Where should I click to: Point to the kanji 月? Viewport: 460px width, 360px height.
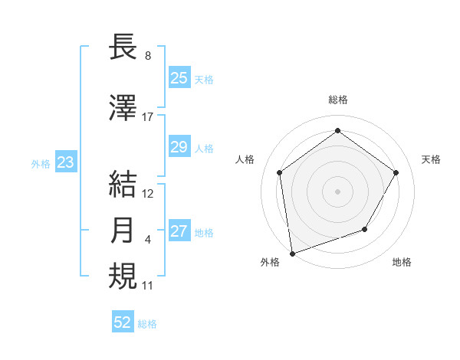click(x=123, y=231)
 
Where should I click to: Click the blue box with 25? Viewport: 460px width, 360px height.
click(x=179, y=78)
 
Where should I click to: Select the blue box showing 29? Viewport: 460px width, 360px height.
click(x=179, y=148)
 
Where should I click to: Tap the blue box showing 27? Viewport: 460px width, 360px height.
click(x=179, y=232)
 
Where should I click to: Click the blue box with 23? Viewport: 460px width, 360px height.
click(x=65, y=162)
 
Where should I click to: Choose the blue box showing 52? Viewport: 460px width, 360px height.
click(x=123, y=322)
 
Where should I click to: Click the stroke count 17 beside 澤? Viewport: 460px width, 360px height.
click(x=148, y=117)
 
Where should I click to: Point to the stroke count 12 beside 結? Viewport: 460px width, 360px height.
click(x=148, y=194)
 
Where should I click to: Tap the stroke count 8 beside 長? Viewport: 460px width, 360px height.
click(x=147, y=56)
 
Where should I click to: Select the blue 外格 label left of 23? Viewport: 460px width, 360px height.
click(x=40, y=164)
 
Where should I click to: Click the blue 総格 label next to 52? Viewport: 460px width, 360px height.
click(x=147, y=324)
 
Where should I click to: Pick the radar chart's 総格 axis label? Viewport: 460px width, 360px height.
click(x=337, y=100)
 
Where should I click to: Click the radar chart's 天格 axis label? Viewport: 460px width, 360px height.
click(x=431, y=159)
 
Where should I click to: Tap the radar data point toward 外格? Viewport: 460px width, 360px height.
click(x=292, y=253)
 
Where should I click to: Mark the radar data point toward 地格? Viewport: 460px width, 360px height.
click(x=365, y=229)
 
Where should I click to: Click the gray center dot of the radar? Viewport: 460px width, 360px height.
click(x=337, y=191)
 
